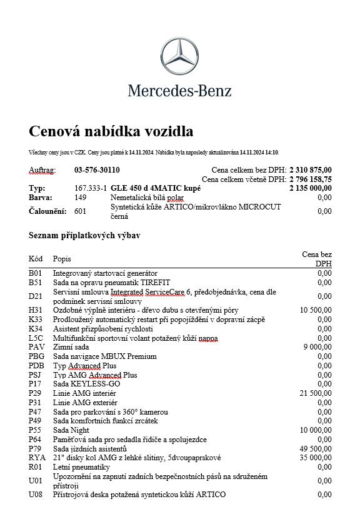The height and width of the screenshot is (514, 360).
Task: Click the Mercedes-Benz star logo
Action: pos(179,58)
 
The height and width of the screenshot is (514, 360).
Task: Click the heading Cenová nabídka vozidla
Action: pos(111,131)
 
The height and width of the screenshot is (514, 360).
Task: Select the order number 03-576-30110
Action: pos(97,170)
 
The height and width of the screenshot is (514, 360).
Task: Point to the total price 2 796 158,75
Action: pos(310,179)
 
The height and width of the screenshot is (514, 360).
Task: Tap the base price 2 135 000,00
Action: pos(310,188)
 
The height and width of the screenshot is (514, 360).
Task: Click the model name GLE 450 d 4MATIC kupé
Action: pos(156,188)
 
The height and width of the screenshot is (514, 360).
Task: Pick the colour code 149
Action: pos(80,197)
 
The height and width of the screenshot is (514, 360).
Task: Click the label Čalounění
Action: pos(47,211)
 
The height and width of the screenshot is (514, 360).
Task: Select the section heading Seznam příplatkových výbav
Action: pos(84,236)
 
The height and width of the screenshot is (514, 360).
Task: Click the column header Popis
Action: pos(62,258)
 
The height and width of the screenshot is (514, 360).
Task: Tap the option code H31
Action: pos(36,310)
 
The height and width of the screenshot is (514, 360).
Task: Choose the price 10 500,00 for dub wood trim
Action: pos(316,310)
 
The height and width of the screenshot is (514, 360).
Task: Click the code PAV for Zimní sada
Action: pos(36,347)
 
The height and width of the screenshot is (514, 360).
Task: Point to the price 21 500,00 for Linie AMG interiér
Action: pos(316,393)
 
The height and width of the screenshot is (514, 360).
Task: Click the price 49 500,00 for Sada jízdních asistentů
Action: pos(316,449)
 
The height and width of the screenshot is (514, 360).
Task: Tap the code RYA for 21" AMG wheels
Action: pos(37,458)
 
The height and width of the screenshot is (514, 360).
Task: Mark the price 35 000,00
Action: pos(316,458)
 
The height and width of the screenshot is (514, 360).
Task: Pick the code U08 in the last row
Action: pos(36,495)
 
